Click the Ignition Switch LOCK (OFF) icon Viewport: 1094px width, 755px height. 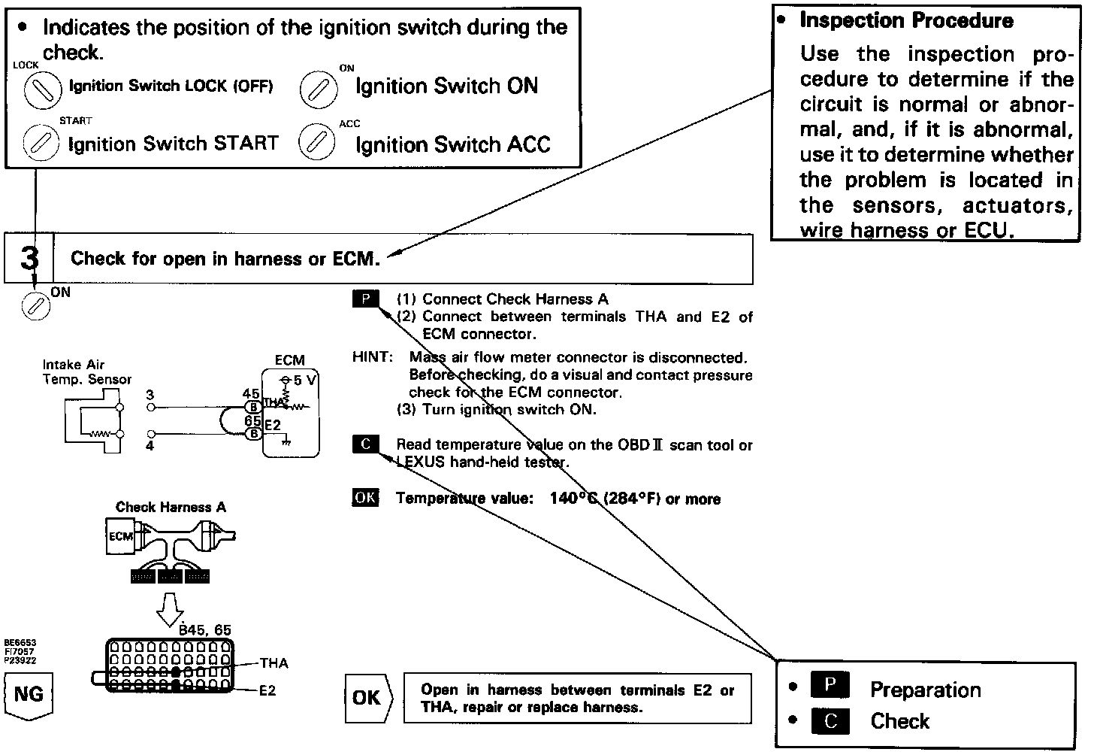coord(42,90)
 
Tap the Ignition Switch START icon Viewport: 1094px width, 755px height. coord(41,142)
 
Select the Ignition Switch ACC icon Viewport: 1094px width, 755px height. coord(317,142)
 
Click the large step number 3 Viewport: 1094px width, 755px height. coord(29,259)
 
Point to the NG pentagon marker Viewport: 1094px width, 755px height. coord(29,695)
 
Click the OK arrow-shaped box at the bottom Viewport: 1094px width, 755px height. coord(368,698)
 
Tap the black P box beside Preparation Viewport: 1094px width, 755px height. coord(830,687)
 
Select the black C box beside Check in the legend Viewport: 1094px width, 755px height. coord(830,721)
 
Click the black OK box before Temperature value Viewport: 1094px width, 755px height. coord(366,498)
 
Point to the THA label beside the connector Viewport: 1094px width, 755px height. coord(274,663)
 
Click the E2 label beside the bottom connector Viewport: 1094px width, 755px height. coord(267,690)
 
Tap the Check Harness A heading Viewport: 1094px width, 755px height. coord(171,507)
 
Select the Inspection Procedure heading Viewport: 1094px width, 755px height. coord(906,20)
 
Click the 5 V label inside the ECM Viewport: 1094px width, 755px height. coord(304,381)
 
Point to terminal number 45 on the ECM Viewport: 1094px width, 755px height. coord(251,394)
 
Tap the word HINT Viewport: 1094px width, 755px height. coord(372,357)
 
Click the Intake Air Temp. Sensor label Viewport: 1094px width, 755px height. coord(86,371)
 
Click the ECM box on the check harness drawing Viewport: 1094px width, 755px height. coord(121,536)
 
